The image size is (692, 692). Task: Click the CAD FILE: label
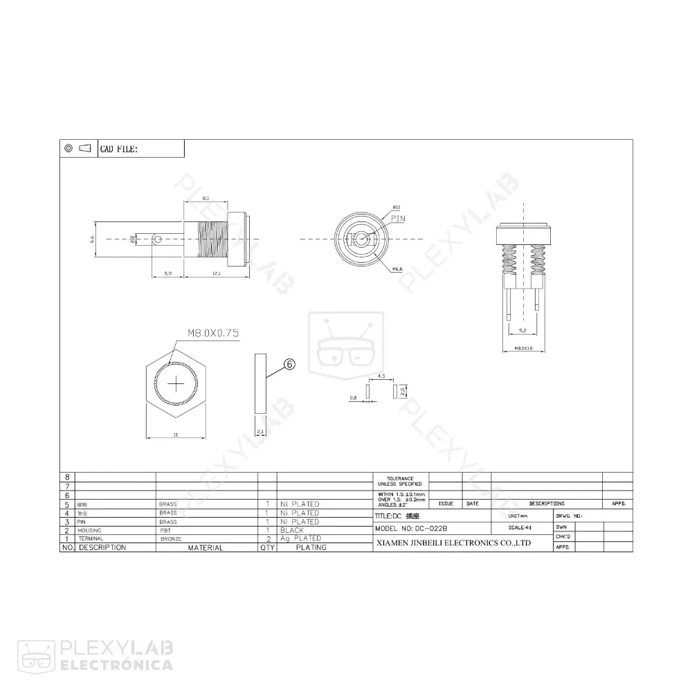(119, 149)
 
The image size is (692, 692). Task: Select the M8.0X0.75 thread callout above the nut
(212, 333)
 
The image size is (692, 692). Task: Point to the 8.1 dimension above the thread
(206, 199)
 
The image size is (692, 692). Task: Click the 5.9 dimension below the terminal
(167, 275)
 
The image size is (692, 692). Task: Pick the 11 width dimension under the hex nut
(175, 435)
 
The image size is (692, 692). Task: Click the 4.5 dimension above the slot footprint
(381, 376)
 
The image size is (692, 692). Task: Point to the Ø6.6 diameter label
(398, 268)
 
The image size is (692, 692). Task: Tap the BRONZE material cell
(171, 538)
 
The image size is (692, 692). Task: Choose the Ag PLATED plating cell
(300, 538)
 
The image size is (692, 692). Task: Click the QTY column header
(267, 547)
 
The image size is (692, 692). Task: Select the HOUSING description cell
(90, 530)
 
